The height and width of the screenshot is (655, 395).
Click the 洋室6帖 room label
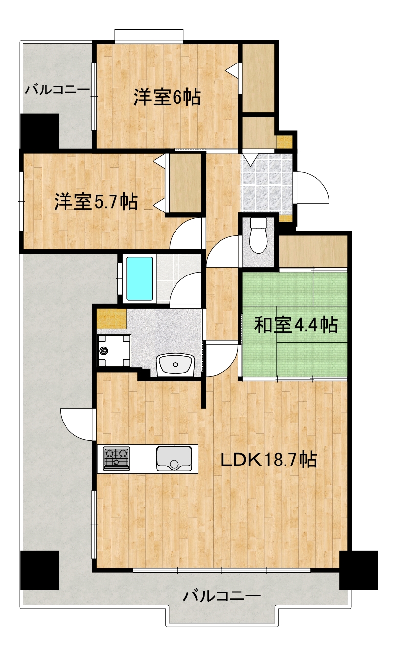[x=167, y=97]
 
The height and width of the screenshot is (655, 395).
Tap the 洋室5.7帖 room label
[x=95, y=201]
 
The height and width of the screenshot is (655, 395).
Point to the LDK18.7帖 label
[x=268, y=460]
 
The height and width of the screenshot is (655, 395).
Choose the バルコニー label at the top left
[x=58, y=90]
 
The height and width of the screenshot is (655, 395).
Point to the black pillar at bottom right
[x=358, y=570]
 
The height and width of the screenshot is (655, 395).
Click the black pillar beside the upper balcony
[x=39, y=131]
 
